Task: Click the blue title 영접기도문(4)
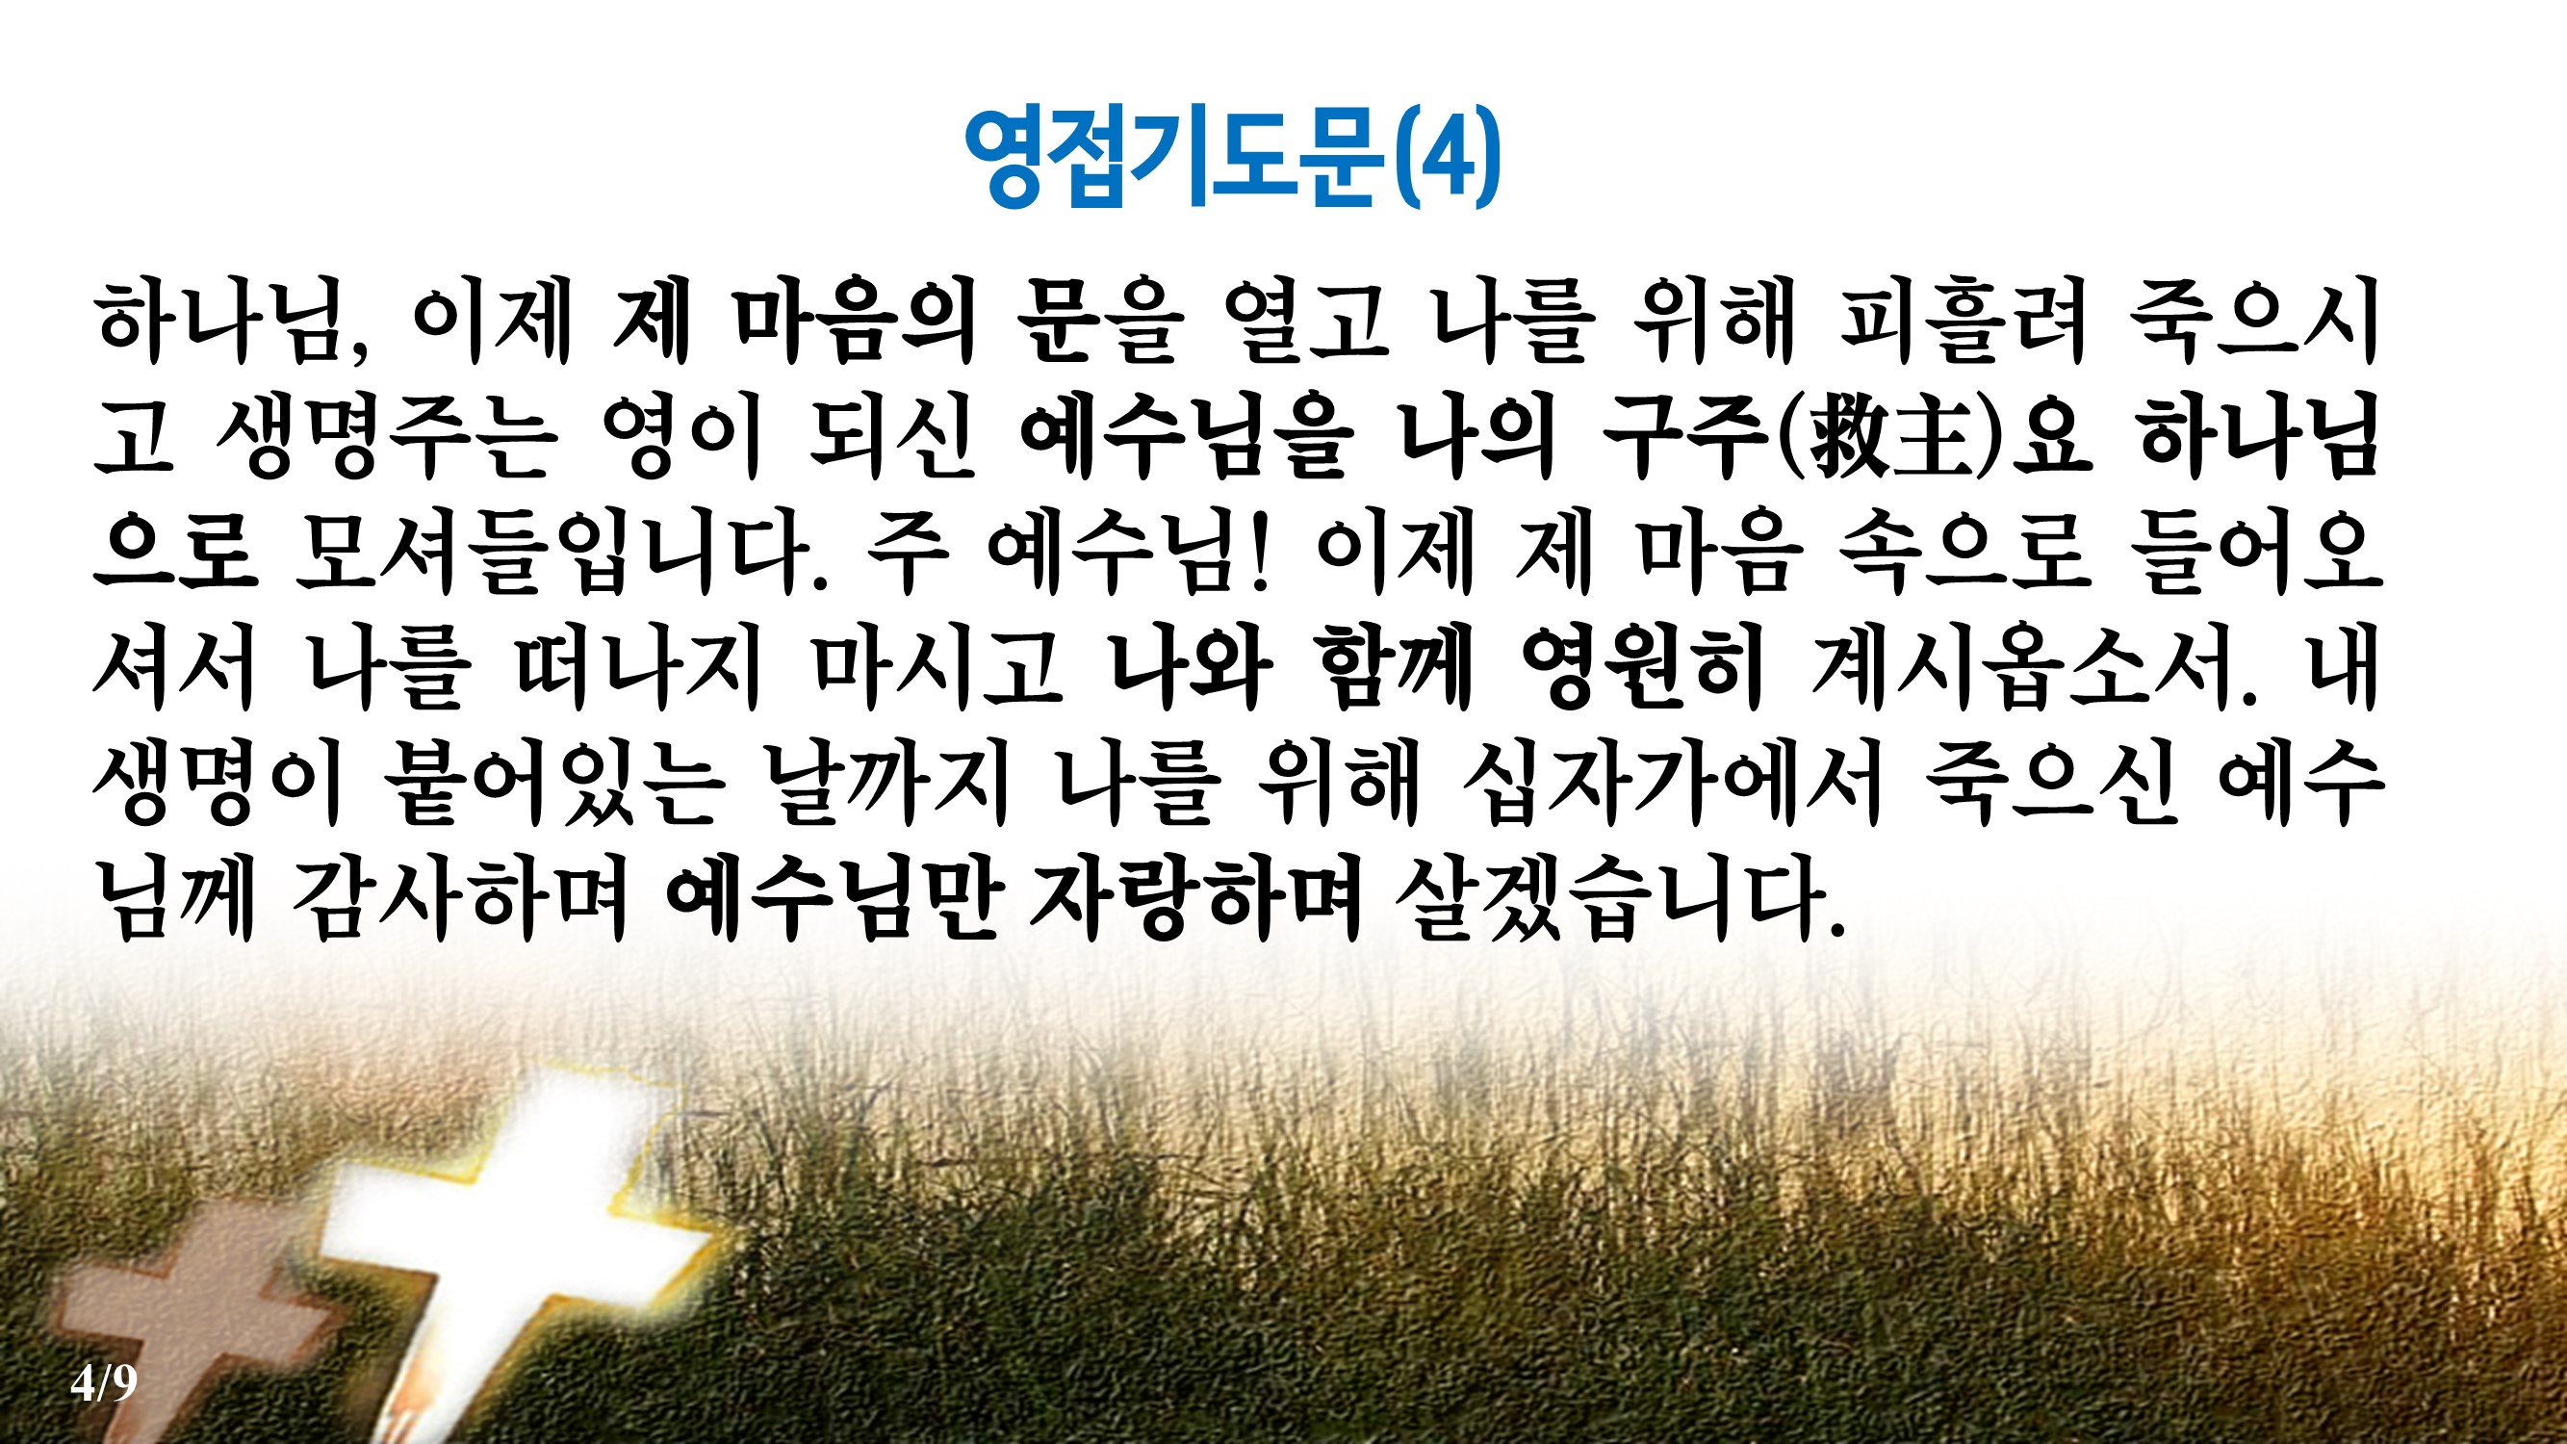pos(1232,158)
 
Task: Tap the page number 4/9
pos(104,1382)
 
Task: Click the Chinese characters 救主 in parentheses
pos(1890,438)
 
